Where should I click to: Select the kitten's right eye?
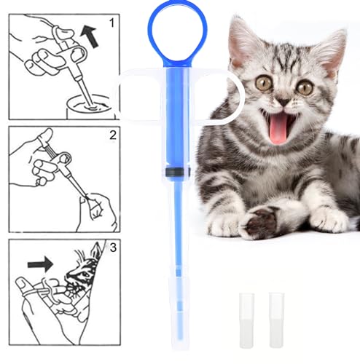click(x=305, y=87)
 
